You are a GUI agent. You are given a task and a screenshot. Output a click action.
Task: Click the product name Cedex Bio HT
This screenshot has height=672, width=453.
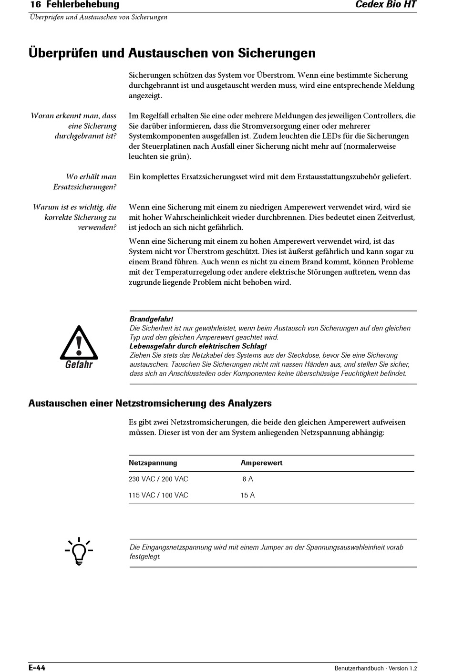[386, 5]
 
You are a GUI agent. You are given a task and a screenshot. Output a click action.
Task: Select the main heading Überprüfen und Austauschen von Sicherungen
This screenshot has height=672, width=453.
[172, 52]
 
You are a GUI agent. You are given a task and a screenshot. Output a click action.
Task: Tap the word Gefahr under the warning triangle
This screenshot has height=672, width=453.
[79, 365]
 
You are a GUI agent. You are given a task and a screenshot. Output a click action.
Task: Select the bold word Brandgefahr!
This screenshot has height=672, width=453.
[151, 319]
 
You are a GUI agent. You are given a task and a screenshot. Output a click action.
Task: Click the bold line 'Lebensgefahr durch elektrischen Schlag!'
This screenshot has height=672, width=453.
[198, 346]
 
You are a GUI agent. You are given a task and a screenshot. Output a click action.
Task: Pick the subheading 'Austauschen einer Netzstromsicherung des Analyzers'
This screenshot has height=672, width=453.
[150, 403]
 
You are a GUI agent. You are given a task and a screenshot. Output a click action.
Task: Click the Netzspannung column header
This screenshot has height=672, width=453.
[153, 463]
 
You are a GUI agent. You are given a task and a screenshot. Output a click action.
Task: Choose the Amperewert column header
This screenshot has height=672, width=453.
[261, 463]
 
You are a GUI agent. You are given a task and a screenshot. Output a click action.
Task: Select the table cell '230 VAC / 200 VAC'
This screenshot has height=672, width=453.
[158, 479]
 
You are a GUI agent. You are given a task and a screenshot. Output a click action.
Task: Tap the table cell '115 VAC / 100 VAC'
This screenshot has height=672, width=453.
[158, 495]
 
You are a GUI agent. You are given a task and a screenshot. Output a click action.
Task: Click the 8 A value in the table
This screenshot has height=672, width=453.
[247, 479]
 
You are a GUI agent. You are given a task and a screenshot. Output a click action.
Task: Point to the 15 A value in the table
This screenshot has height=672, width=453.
[247, 495]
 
